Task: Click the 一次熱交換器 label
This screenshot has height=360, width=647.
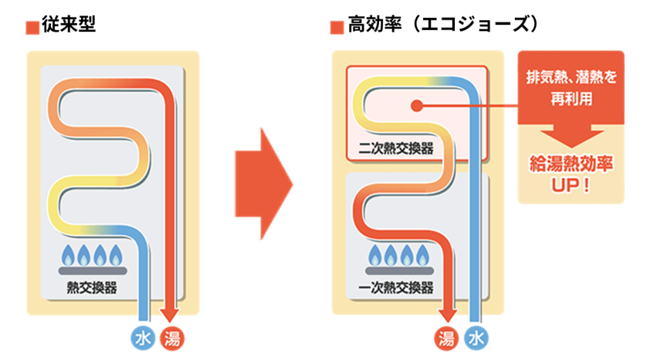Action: click(x=397, y=288)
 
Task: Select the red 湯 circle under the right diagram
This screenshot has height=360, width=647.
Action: click(x=445, y=338)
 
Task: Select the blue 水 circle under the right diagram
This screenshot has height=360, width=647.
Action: click(x=476, y=338)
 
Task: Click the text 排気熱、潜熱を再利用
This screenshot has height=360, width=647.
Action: click(x=571, y=88)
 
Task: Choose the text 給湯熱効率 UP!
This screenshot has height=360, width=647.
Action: click(x=571, y=175)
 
